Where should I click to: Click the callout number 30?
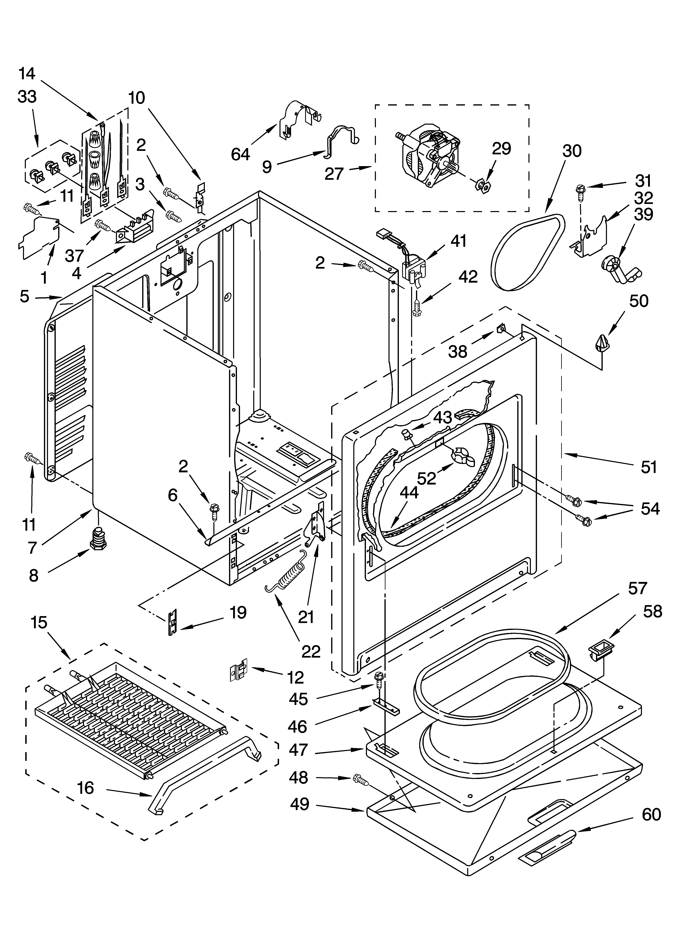[572, 151]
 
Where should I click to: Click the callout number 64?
[241, 154]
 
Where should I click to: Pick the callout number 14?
[27, 74]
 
